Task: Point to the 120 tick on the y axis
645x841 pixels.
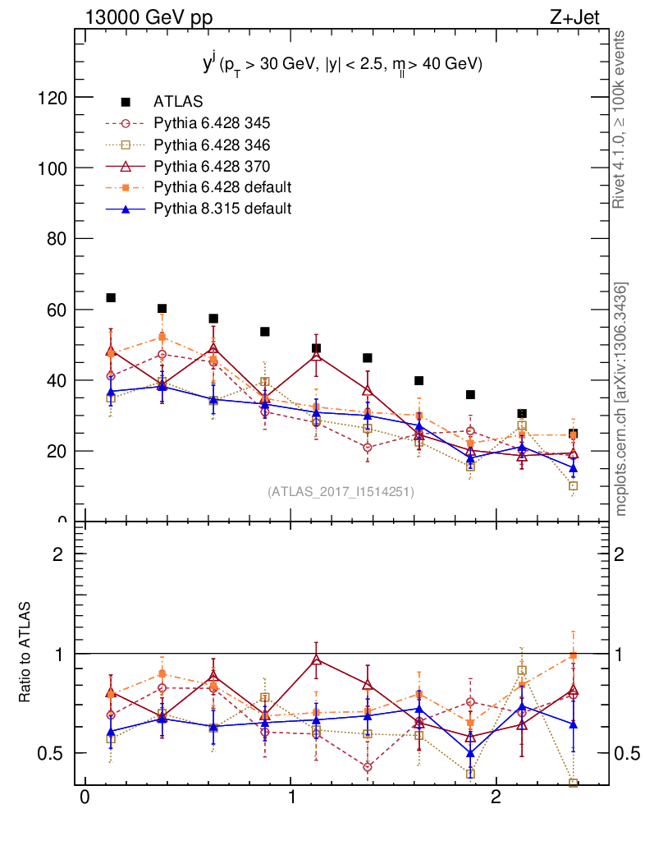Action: (53, 98)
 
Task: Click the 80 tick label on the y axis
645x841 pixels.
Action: (56, 239)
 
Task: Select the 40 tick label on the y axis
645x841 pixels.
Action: (56, 381)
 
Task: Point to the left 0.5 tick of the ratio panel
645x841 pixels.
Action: (51, 753)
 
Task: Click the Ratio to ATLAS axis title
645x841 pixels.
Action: (26, 652)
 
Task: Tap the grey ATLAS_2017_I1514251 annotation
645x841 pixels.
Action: (341, 492)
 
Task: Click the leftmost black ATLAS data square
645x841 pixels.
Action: (111, 298)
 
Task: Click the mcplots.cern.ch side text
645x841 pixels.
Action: (620, 398)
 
